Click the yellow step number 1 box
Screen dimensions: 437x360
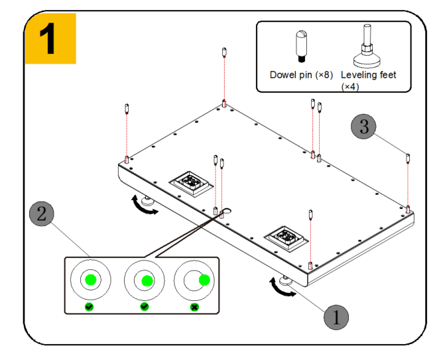tap(50, 38)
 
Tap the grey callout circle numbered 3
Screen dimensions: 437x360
tap(363, 126)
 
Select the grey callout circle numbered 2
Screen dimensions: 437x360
tap(42, 213)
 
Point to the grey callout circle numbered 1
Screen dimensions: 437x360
tap(336, 318)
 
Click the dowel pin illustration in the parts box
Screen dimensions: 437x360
tap(301, 46)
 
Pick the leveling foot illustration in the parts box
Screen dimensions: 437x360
tap(367, 46)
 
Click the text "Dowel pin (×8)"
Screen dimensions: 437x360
tap(301, 75)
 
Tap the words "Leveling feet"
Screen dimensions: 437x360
tap(369, 75)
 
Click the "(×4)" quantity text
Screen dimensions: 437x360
tap(350, 87)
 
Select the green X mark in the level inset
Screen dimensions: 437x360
tap(194, 307)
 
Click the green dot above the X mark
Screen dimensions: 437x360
tap(204, 280)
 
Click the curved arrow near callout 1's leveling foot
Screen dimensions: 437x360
tap(281, 288)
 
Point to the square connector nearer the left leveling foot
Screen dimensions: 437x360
tap(191, 184)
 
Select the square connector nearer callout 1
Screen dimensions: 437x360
tap(286, 238)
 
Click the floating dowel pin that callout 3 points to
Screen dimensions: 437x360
tap(408, 158)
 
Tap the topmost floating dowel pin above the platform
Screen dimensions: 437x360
tap(224, 52)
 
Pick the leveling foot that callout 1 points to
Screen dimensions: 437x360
tap(286, 280)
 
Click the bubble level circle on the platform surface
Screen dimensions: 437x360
tap(227, 211)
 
